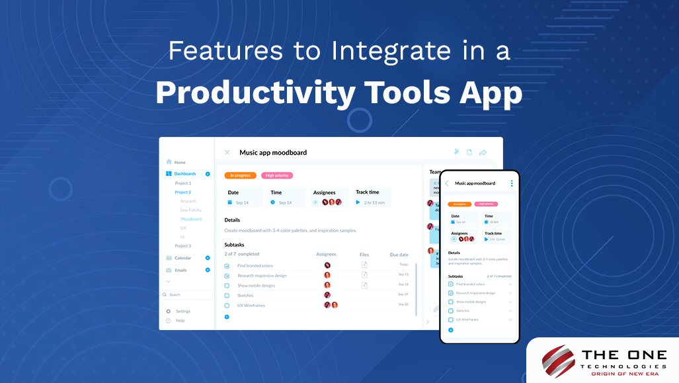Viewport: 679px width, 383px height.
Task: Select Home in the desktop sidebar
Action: (x=180, y=162)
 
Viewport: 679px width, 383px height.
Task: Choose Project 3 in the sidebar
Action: (x=183, y=245)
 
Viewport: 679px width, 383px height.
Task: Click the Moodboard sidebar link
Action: (x=191, y=219)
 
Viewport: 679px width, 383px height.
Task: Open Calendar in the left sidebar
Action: (x=183, y=258)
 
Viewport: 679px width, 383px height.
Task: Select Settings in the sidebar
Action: (x=183, y=311)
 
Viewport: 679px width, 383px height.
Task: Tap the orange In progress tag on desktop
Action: (x=240, y=175)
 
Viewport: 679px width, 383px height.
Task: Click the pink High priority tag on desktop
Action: (x=277, y=175)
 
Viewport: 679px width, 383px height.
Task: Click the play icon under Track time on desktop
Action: (x=358, y=202)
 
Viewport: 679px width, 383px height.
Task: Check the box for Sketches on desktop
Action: (x=227, y=296)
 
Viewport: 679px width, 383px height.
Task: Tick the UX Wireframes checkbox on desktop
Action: (x=227, y=306)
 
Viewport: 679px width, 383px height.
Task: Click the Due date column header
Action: (x=399, y=254)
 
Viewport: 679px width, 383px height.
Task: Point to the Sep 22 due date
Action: (x=403, y=304)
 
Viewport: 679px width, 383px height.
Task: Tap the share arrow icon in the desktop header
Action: (x=483, y=153)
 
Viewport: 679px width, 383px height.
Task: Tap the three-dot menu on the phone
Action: (x=511, y=183)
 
